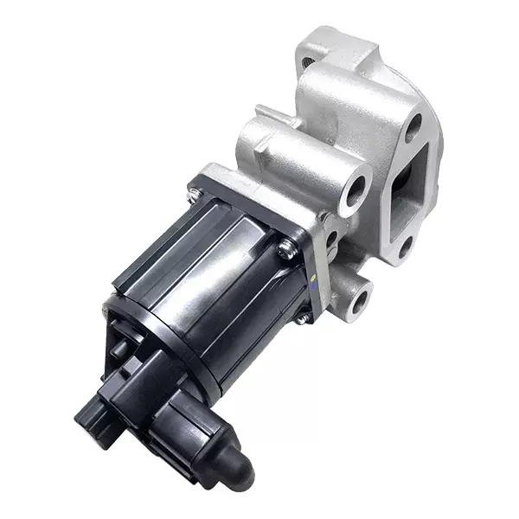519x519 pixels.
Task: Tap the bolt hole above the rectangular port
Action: (413, 127)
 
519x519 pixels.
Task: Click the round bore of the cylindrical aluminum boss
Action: (356, 193)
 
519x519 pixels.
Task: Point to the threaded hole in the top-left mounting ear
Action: (309, 62)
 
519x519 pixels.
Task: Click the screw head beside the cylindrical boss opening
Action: (287, 249)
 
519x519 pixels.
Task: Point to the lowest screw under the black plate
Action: (301, 317)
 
